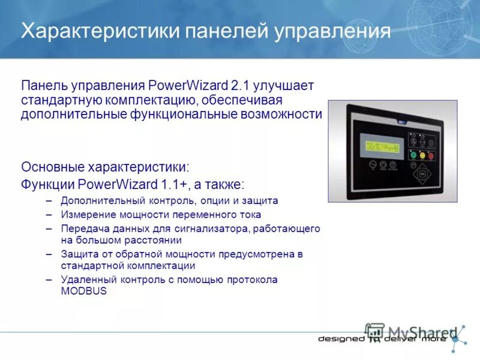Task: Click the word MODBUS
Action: [x=83, y=291]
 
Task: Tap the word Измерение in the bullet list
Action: [x=86, y=214]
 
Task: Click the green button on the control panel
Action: [x=413, y=154]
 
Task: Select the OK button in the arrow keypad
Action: [x=422, y=174]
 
